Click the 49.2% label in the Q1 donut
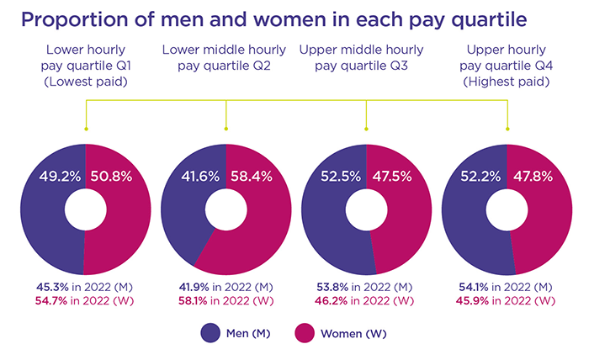59,178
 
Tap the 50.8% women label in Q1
113,178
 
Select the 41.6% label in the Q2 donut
199,178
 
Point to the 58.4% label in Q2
253,178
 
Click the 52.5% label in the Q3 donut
340,178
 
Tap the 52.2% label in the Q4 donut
480,178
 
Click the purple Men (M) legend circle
210,333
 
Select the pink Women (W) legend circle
305,333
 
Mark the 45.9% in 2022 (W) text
508,300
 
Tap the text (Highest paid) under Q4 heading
508,82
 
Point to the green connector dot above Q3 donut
367,130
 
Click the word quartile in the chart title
448,19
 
